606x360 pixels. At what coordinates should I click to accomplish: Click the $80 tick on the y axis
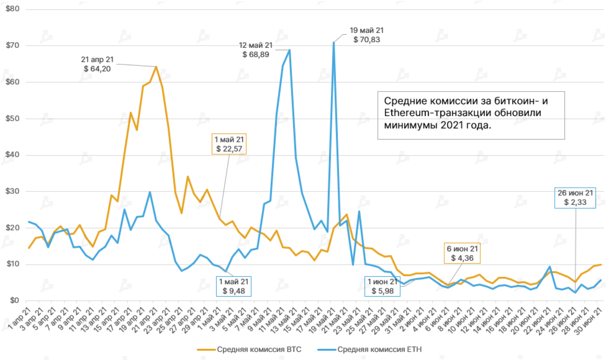click(x=13, y=9)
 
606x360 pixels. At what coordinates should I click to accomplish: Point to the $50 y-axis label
click(x=13, y=118)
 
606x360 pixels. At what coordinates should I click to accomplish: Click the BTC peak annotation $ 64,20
click(x=97, y=64)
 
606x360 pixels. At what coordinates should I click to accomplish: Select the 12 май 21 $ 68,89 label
click(x=256, y=50)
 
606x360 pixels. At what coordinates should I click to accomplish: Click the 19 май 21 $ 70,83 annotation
click(x=367, y=35)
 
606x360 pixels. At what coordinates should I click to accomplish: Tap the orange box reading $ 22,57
click(x=229, y=144)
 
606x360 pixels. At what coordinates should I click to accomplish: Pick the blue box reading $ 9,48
click(x=234, y=287)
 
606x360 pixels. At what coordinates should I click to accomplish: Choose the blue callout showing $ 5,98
click(x=382, y=287)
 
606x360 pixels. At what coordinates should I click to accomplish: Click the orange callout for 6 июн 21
click(x=462, y=254)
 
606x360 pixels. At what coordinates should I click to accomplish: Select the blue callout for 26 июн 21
click(x=575, y=198)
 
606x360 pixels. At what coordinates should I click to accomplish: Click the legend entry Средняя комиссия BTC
click(x=249, y=349)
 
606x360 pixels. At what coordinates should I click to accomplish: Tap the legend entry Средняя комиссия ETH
click(x=370, y=349)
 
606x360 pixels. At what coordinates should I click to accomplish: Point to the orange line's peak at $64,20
click(x=156, y=67)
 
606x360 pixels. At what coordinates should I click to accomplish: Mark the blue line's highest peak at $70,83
click(x=334, y=42)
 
